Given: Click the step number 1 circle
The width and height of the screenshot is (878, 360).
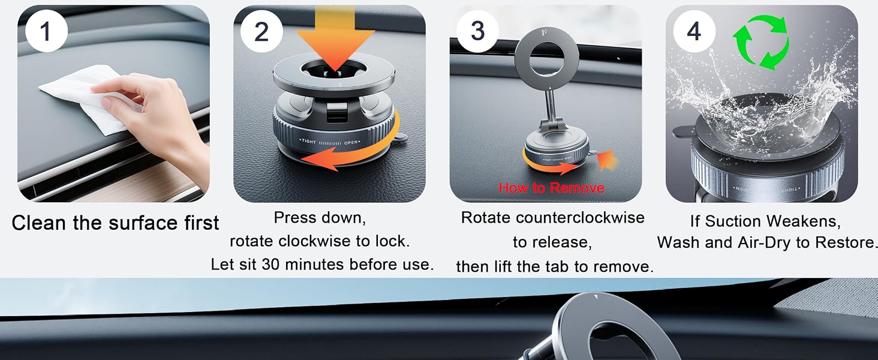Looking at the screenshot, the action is pyautogui.click(x=46, y=31).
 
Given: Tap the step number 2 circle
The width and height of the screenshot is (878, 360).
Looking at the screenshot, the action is pyautogui.click(x=261, y=31).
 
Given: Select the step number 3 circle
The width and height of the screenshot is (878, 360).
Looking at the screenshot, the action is pyautogui.click(x=477, y=31).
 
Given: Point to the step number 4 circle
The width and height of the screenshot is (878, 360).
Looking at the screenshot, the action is pyautogui.click(x=694, y=31).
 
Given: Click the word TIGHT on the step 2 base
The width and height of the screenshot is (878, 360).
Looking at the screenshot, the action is pyautogui.click(x=308, y=142).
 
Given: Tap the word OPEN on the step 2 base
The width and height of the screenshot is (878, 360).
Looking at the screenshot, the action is pyautogui.click(x=351, y=143).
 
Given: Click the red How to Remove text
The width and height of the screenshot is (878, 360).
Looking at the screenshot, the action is pyautogui.click(x=551, y=188).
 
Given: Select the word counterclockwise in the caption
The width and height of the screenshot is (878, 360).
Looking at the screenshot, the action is pyautogui.click(x=580, y=218).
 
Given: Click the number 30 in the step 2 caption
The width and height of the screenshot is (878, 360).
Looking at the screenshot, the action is pyautogui.click(x=270, y=265).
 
